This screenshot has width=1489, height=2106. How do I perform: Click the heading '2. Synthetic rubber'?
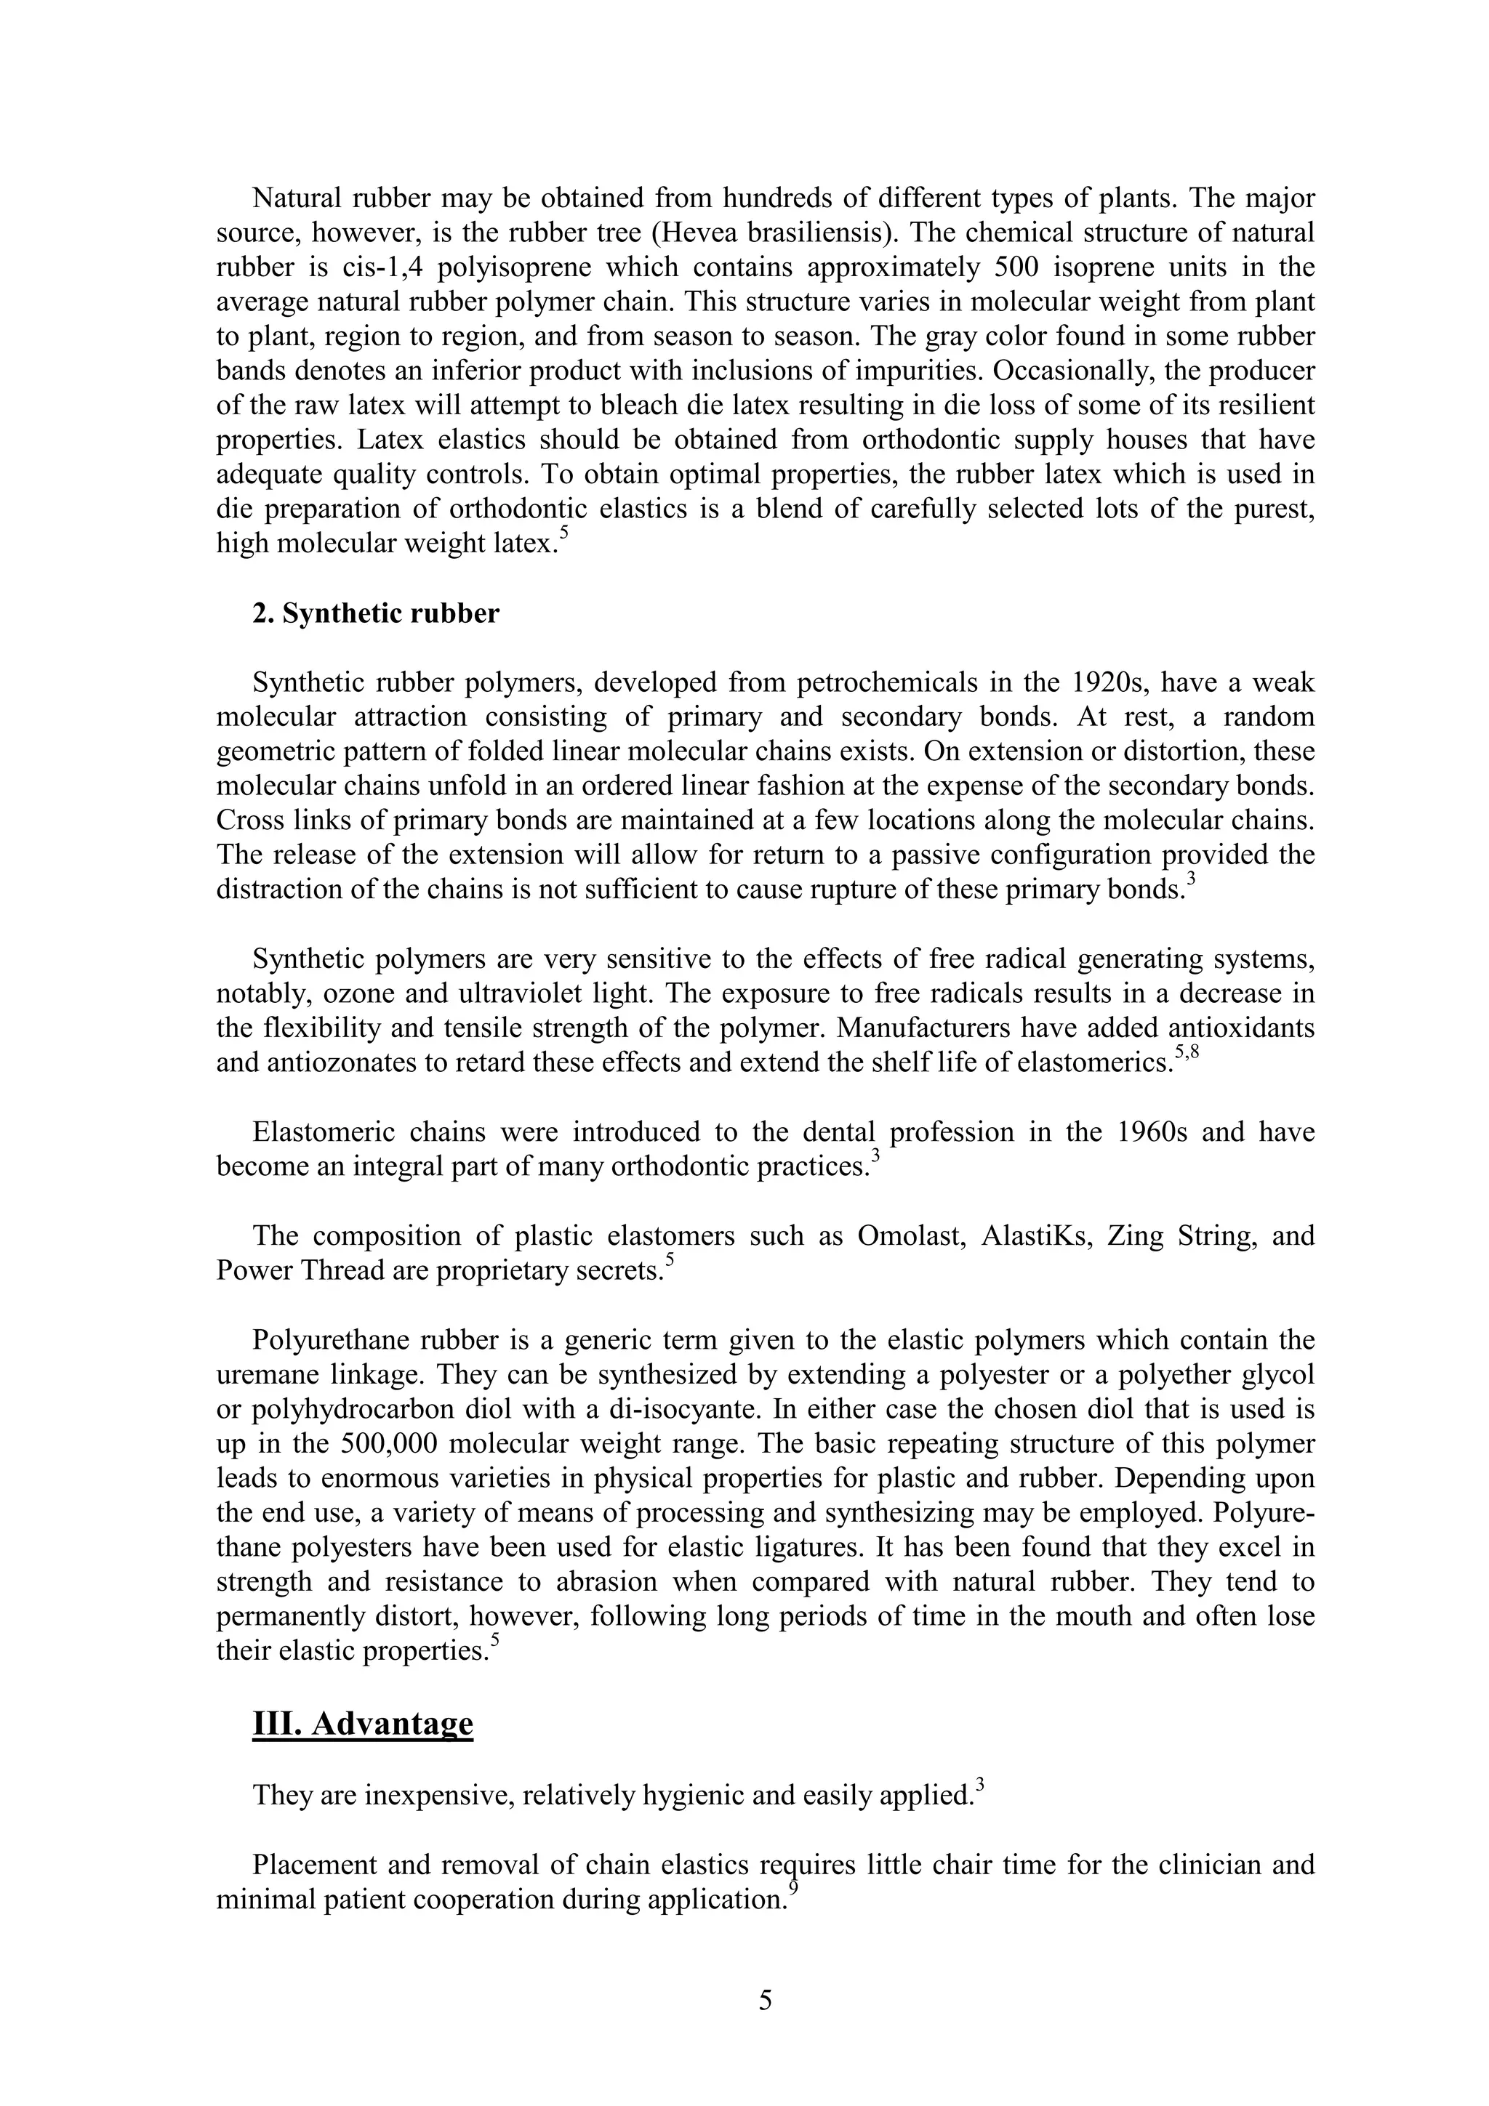[x=376, y=613]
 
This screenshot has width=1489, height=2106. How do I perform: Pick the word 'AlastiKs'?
[x=1034, y=1235]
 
